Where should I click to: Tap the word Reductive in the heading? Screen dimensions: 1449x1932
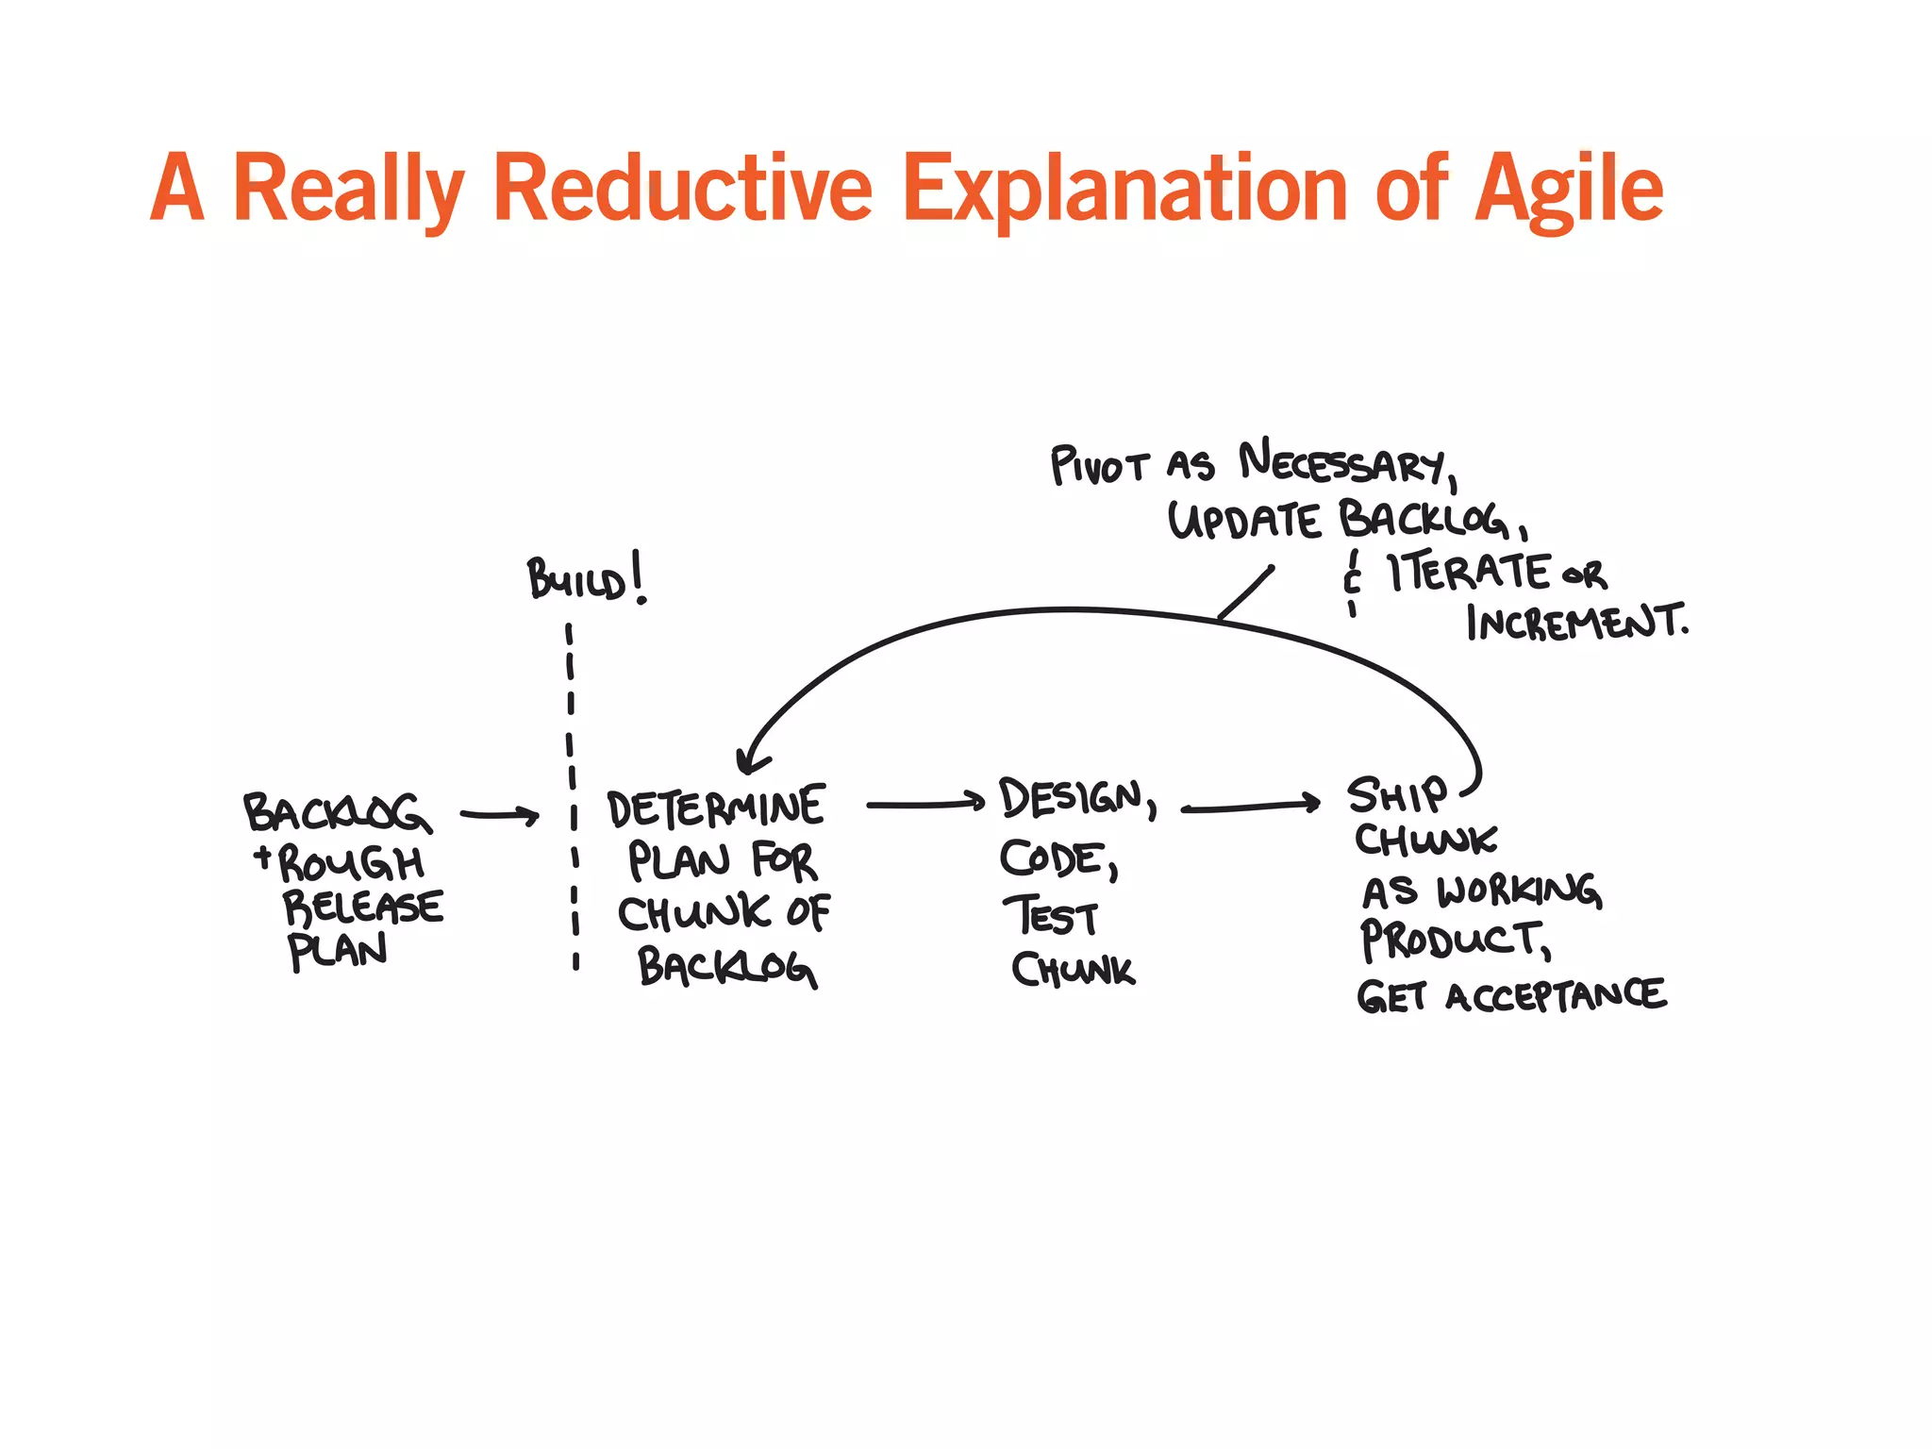682,189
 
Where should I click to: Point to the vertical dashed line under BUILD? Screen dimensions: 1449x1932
572,792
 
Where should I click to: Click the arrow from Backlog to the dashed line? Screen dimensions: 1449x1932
500,814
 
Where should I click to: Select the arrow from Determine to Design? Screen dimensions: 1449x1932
925,805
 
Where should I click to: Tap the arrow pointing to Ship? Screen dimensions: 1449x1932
1251,806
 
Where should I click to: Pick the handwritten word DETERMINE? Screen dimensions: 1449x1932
716,808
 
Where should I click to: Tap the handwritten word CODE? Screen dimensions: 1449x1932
1057,859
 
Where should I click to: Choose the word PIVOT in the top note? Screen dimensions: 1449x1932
1099,466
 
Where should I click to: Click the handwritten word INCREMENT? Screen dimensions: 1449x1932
1575,623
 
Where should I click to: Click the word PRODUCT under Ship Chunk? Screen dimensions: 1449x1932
1453,940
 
